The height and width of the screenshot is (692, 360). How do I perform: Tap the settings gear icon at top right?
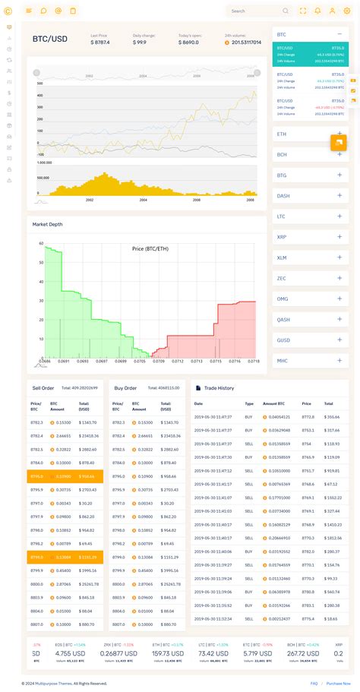[x=347, y=11]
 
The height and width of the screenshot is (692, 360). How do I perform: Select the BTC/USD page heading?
[x=50, y=39]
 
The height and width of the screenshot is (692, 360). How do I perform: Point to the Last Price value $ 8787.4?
[x=99, y=43]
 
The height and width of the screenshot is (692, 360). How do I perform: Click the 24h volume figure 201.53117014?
[x=245, y=43]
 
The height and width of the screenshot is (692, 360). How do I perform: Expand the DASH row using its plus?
[x=339, y=196]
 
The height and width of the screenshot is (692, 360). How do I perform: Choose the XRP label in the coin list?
[x=282, y=237]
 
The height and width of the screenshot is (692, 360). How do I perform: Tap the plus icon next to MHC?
[x=339, y=361]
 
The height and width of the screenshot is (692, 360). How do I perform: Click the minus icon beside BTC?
[x=339, y=34]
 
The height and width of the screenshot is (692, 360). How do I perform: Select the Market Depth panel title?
[x=47, y=224]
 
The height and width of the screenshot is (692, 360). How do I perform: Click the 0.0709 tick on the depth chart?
[x=159, y=362]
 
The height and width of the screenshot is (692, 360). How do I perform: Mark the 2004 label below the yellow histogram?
[x=144, y=200]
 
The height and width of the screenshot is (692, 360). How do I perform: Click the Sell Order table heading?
[x=43, y=387]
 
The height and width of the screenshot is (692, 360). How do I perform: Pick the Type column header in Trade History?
[x=249, y=403]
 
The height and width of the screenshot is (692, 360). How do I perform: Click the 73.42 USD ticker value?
[x=213, y=653]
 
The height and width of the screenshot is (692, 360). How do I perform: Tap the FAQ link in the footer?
[x=314, y=684]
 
